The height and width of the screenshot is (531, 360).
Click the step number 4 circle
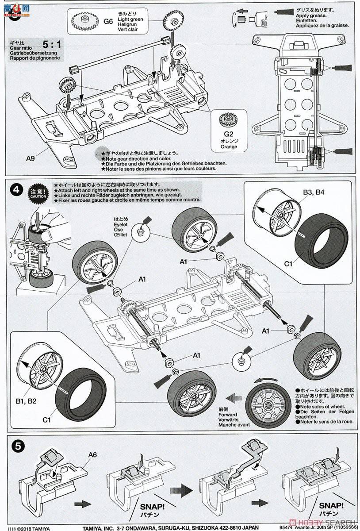(x=16, y=190)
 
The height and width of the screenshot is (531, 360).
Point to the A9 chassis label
(x=31, y=156)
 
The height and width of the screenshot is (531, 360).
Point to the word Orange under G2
(x=229, y=146)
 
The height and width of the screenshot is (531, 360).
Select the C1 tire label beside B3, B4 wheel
(x=288, y=264)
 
